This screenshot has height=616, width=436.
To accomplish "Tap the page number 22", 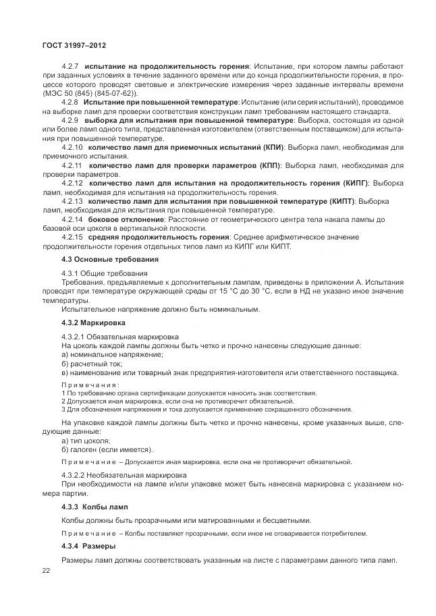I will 46,571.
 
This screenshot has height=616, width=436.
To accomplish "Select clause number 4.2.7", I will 71,65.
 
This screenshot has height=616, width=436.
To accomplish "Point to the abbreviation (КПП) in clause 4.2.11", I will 271,165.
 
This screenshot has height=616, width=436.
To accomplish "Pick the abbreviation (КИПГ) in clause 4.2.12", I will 350,183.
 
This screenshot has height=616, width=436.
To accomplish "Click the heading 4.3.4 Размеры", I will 88,545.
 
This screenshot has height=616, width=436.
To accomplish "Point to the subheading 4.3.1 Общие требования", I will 104,273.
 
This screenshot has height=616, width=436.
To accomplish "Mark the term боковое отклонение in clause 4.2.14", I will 126,219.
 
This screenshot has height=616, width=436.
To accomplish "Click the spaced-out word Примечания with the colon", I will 90,385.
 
